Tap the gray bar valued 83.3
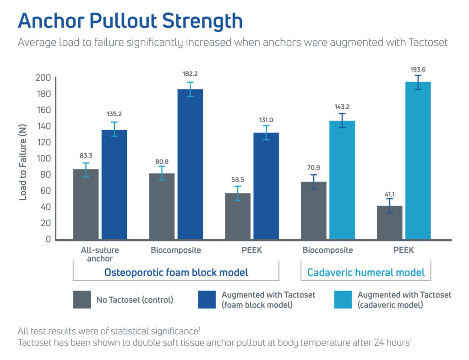(x=86, y=204)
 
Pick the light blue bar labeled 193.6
(x=418, y=160)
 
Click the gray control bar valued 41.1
(x=389, y=223)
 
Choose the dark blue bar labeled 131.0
(x=266, y=186)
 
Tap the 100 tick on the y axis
(x=43, y=158)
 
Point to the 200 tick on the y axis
(x=43, y=78)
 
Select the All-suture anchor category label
(x=100, y=254)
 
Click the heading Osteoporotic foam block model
(x=176, y=273)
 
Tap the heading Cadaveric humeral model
(x=366, y=273)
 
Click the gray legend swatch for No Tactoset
(x=82, y=300)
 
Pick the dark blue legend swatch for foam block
(x=207, y=300)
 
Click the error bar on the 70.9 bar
(x=313, y=182)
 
